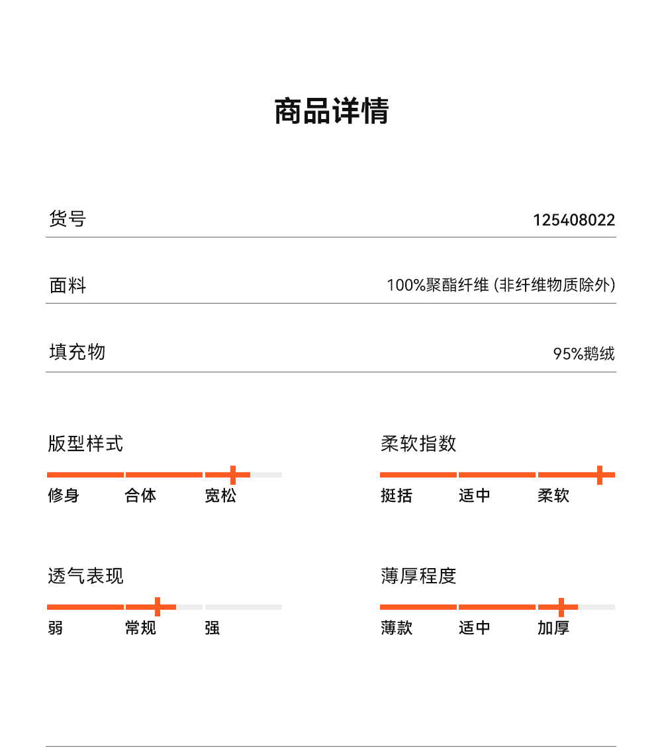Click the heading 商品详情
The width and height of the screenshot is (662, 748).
pos(331,111)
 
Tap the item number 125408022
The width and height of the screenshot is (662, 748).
pos(574,220)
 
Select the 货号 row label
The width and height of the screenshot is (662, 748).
pos(68,218)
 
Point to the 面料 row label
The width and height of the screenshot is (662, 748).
pos(68,286)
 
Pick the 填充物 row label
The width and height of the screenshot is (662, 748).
pos(77,352)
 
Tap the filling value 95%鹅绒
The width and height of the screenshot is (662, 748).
pos(584,354)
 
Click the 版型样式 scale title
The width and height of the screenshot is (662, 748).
pos(85,443)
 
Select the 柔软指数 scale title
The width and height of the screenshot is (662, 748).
pos(418,443)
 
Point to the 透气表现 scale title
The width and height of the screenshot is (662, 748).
pos(85,576)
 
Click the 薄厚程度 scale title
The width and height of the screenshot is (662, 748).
pos(418,576)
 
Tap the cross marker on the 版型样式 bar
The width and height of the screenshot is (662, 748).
pos(233,475)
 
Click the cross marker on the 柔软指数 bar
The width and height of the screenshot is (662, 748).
pos(600,475)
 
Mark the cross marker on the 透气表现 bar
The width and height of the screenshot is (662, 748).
pos(158,606)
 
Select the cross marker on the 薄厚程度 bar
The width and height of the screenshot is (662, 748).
pos(561,606)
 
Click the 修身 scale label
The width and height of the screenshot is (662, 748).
pos(64,495)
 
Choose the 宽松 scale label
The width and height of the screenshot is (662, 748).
pos(220,495)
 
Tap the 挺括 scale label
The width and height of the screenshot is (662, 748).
pos(397,495)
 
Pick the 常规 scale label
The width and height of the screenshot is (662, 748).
pos(140,628)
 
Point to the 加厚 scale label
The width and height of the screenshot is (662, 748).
pos(553,628)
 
